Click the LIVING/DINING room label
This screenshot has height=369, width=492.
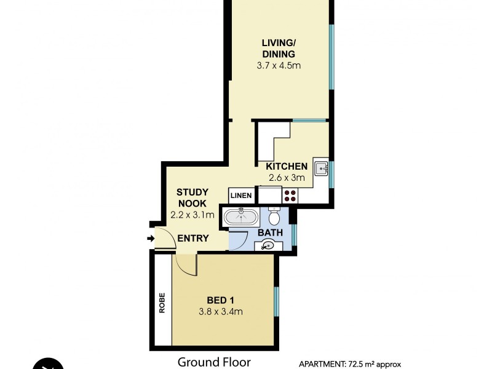tap(279, 48)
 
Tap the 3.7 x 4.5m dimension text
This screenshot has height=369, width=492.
tap(279, 65)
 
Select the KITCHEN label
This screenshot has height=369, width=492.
tap(286, 167)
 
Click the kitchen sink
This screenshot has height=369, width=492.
tap(321, 168)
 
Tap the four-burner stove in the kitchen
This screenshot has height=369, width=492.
tap(290, 196)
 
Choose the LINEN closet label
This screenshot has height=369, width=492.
tap(240, 196)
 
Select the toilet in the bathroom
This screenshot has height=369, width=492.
tap(275, 217)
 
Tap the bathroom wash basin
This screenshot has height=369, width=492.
tap(267, 245)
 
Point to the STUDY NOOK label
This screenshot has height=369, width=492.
tap(191, 197)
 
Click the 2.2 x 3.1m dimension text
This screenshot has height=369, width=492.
tap(191, 215)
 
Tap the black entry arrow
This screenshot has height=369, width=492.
tap(151, 239)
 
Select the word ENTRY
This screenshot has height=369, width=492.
tap(192, 239)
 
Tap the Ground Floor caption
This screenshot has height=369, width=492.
tap(213, 362)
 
